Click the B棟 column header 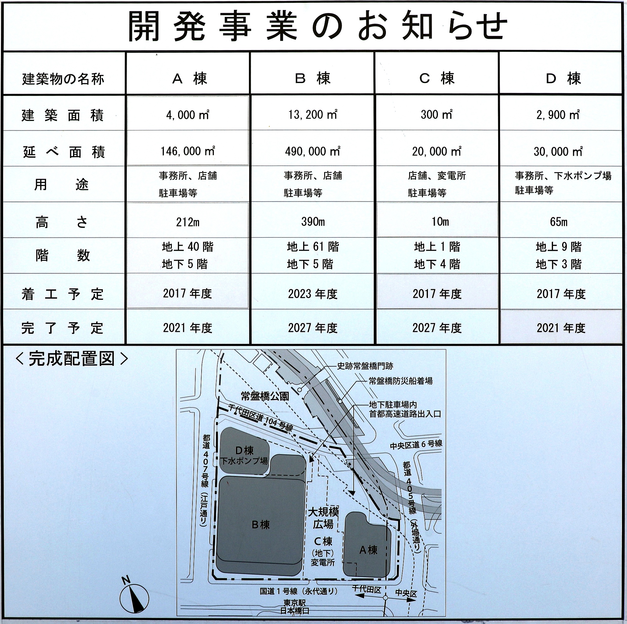tap(312, 79)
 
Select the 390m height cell tap(313, 221)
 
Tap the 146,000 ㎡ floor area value tap(187, 151)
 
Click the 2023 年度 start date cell tap(313, 294)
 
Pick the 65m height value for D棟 tap(559, 222)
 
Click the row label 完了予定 tap(62, 328)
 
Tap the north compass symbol tap(134, 595)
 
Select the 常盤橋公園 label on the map tap(265, 396)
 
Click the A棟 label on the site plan tap(368, 550)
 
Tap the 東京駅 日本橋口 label tap(294, 607)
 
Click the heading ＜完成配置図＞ tap(72, 359)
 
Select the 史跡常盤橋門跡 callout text tap(365, 366)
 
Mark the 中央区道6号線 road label tap(416, 444)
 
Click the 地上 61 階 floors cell tap(313, 247)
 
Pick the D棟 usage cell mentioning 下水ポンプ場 tap(563, 183)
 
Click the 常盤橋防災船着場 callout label tap(400, 381)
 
